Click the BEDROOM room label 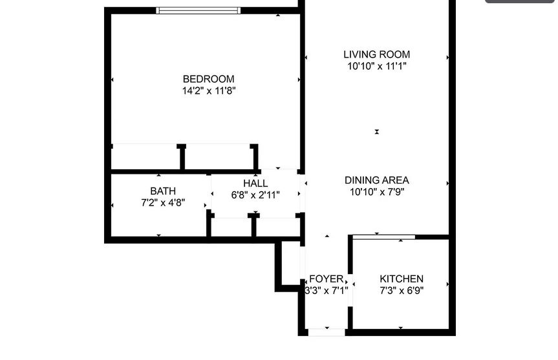point(209,79)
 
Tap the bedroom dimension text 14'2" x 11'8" point(209,90)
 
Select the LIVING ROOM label point(376,54)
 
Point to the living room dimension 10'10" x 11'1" point(377,66)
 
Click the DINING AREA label point(376,180)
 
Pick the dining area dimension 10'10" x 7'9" point(377,192)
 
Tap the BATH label point(163,191)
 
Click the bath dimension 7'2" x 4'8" point(163,203)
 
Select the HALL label point(255,184)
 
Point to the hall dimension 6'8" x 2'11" point(255,195)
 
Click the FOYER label point(327,279)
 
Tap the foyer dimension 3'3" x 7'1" point(327,291)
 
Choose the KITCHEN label point(402,279)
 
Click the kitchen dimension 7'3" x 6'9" point(402,291)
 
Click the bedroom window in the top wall point(199,11)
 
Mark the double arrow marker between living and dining point(377,132)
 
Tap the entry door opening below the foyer point(327,332)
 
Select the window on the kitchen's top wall point(384,237)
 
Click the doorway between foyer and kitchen point(350,290)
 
